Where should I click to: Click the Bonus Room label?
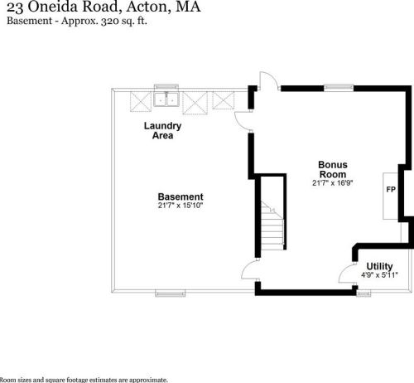click(x=333, y=169)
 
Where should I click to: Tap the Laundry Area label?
click(x=162, y=130)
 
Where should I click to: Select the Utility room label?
click(x=379, y=266)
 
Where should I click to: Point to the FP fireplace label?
click(x=391, y=190)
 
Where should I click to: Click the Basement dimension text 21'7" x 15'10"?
click(x=181, y=206)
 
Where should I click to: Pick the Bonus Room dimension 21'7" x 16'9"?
click(x=333, y=183)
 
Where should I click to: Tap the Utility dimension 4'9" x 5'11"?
click(x=379, y=275)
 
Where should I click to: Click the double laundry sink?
click(x=166, y=99)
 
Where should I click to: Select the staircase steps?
click(x=272, y=225)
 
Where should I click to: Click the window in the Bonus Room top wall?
click(x=339, y=88)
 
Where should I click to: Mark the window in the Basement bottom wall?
click(x=171, y=293)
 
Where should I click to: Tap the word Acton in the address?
click(x=147, y=7)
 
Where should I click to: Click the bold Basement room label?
click(x=181, y=196)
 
